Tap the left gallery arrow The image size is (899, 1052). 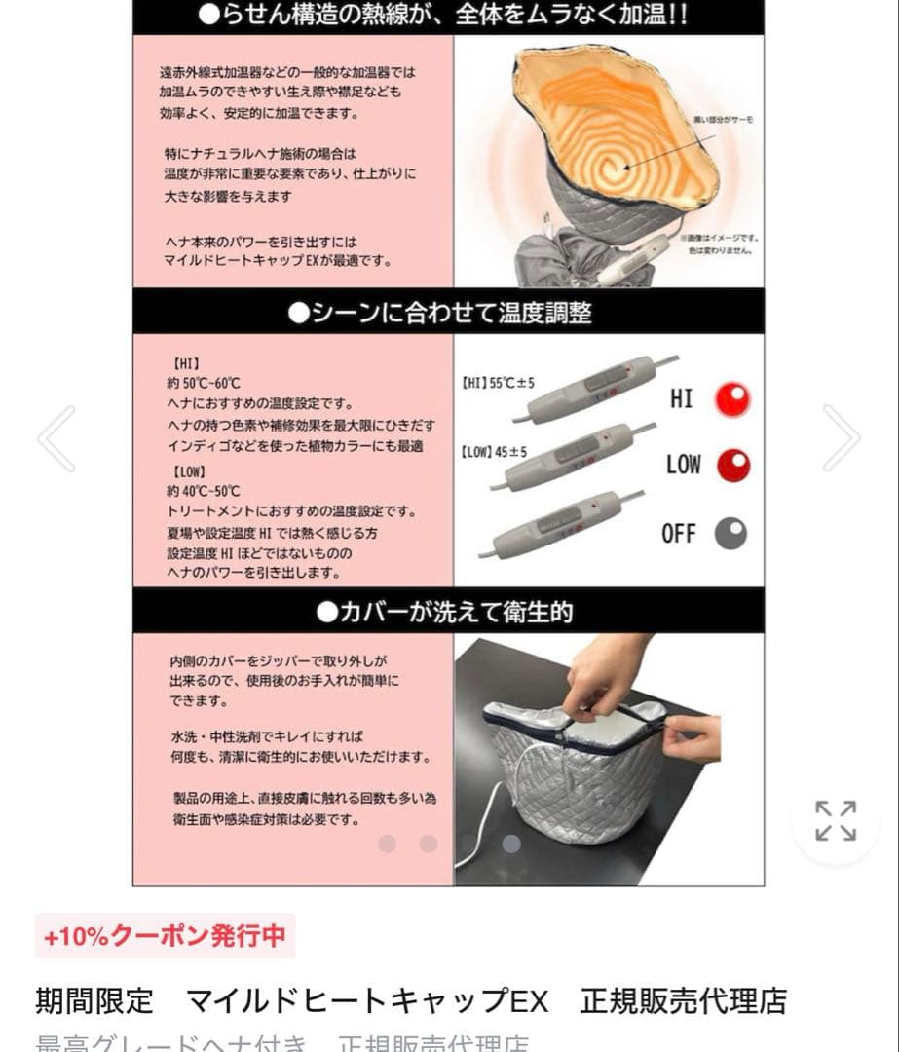(x=56, y=438)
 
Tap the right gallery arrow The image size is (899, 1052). (x=842, y=438)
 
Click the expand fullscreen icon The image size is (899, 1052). (x=836, y=820)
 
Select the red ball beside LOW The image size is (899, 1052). (x=732, y=465)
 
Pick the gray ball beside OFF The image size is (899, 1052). (x=731, y=533)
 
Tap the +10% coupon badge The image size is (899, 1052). (x=165, y=936)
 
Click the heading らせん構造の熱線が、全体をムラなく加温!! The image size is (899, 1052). (x=448, y=16)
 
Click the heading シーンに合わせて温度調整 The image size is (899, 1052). (x=448, y=313)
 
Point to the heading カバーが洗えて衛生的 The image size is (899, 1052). (x=448, y=612)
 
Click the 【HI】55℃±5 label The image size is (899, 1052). (x=497, y=384)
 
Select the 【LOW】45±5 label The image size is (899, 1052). (x=495, y=452)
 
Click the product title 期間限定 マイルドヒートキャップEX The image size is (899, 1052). (x=292, y=1000)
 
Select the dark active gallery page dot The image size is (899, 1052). (x=511, y=844)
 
